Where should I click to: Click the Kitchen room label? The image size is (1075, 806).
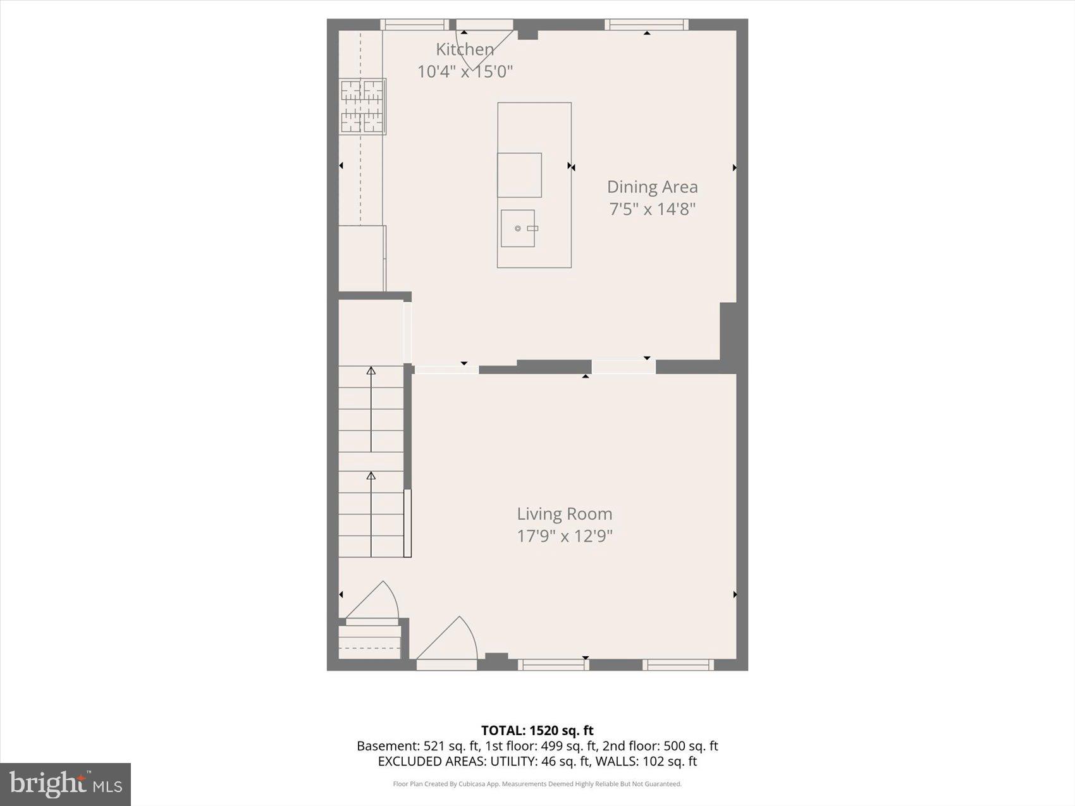point(465,49)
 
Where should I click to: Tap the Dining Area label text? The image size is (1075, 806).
point(652,187)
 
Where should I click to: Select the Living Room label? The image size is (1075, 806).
point(564,514)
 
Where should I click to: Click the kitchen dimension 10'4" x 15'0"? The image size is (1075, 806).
point(465,71)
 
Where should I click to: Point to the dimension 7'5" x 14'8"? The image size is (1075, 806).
point(652,209)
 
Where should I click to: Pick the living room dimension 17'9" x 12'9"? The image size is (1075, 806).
point(564,536)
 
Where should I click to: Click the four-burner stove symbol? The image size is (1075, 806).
point(362,106)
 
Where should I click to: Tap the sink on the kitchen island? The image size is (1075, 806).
point(518,228)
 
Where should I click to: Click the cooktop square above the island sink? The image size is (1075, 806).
point(519,175)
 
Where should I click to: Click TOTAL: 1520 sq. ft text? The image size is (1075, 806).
point(537,731)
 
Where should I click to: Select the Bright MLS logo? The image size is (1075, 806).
point(65,784)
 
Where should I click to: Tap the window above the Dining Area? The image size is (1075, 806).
point(646,25)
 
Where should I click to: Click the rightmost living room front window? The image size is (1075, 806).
point(678,664)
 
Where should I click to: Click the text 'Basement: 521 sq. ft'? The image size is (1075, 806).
point(417,746)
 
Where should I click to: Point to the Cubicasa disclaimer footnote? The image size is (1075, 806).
point(537,784)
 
